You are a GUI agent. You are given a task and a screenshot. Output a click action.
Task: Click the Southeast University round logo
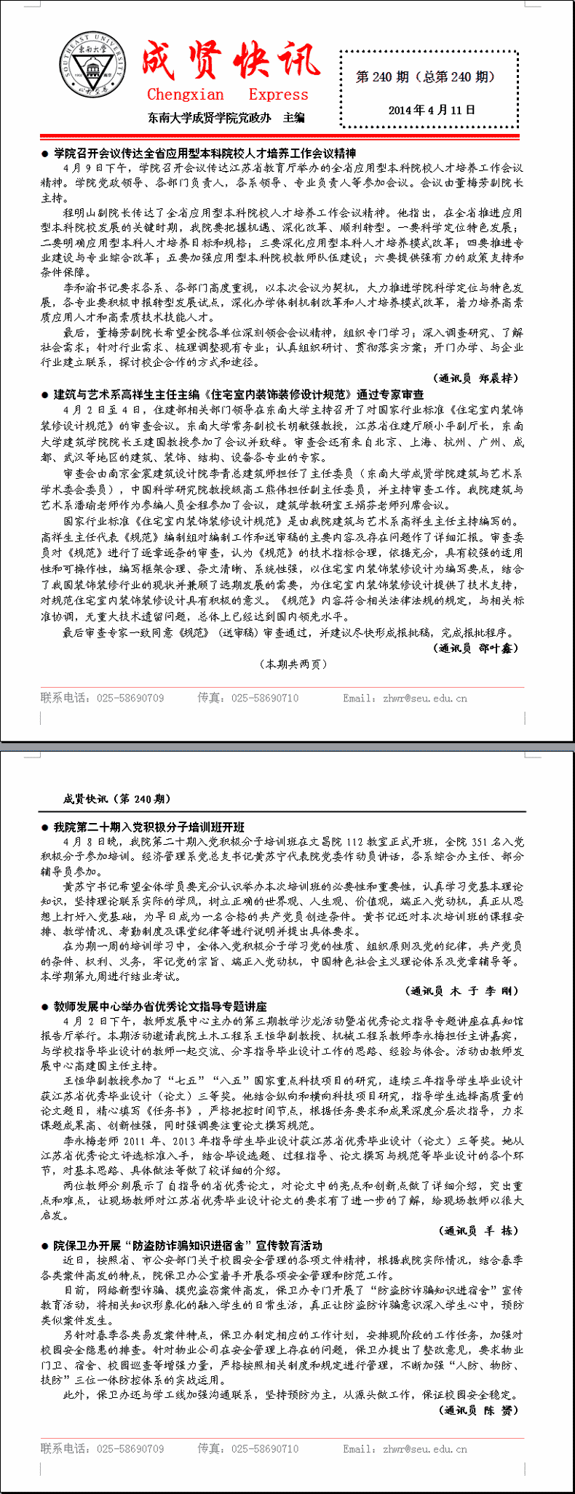pos(92,66)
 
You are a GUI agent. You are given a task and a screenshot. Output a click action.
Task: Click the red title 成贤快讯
pos(230,60)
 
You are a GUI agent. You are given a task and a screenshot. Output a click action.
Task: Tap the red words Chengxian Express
pos(227,95)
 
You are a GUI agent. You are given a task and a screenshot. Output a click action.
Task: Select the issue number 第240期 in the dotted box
pos(426,76)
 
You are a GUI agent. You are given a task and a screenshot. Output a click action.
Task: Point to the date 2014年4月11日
pos(432,110)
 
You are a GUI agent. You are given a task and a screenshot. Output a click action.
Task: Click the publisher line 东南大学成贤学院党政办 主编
pos(226,117)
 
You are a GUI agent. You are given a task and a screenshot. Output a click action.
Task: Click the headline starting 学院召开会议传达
pos(205,153)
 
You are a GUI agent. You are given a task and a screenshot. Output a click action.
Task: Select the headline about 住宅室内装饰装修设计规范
pos(239,394)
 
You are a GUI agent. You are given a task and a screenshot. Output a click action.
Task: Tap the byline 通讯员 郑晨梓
pos(477,378)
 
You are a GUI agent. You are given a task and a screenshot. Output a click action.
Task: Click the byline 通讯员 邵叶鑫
pos(477,648)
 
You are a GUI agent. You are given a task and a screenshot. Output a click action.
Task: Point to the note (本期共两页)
pos(293,664)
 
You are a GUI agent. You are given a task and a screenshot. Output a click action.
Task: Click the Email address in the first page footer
pos(405,698)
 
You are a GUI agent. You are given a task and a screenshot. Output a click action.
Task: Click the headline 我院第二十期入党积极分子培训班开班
pos(148,827)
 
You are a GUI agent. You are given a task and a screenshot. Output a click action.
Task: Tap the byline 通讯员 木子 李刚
pos(461,990)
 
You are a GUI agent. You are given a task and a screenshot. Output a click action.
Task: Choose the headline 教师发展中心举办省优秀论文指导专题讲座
pos(160,1006)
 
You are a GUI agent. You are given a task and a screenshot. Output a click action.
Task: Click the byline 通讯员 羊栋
pos(479,1231)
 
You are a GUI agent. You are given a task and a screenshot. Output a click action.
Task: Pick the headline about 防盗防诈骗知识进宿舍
pos(188,1245)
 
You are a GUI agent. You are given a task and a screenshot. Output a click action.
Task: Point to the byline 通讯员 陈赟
pos(479,1410)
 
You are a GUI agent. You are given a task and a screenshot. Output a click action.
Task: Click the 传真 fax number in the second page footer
pos(248,1449)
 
